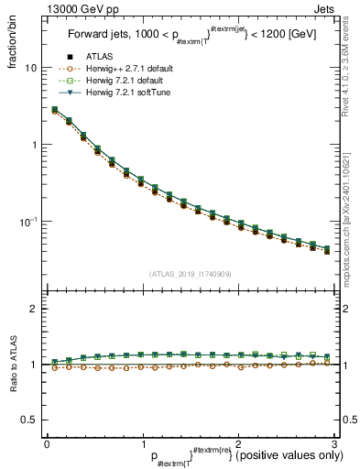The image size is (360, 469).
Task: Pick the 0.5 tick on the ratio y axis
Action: [28, 420]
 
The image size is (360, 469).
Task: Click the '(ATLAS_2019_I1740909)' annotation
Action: [190, 274]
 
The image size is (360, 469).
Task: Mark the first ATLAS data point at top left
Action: [55, 110]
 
